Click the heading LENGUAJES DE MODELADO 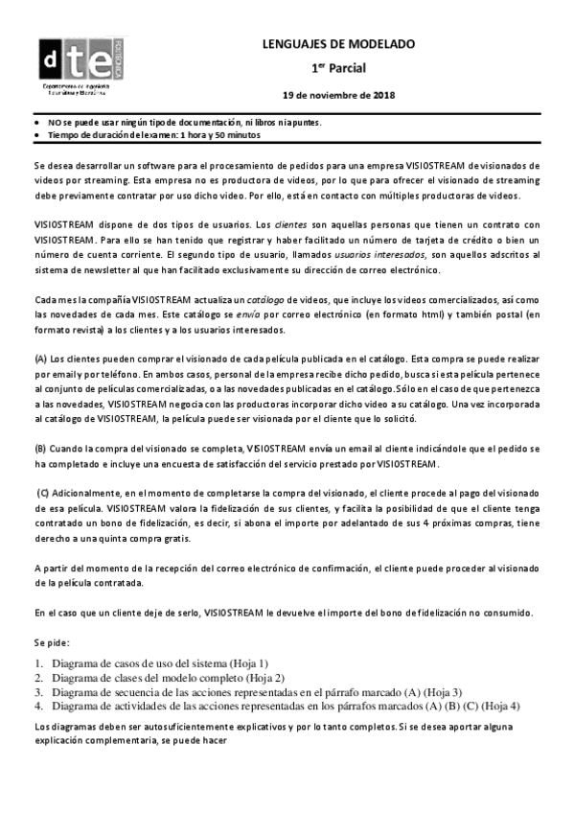tap(338, 44)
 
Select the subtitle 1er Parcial tap(338, 68)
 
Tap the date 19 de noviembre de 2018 tap(338, 95)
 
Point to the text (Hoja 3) tap(440, 691)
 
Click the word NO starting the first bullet tap(55, 123)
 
